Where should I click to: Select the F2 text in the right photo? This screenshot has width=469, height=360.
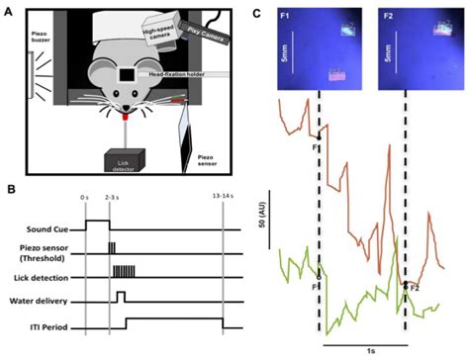click(394, 18)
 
